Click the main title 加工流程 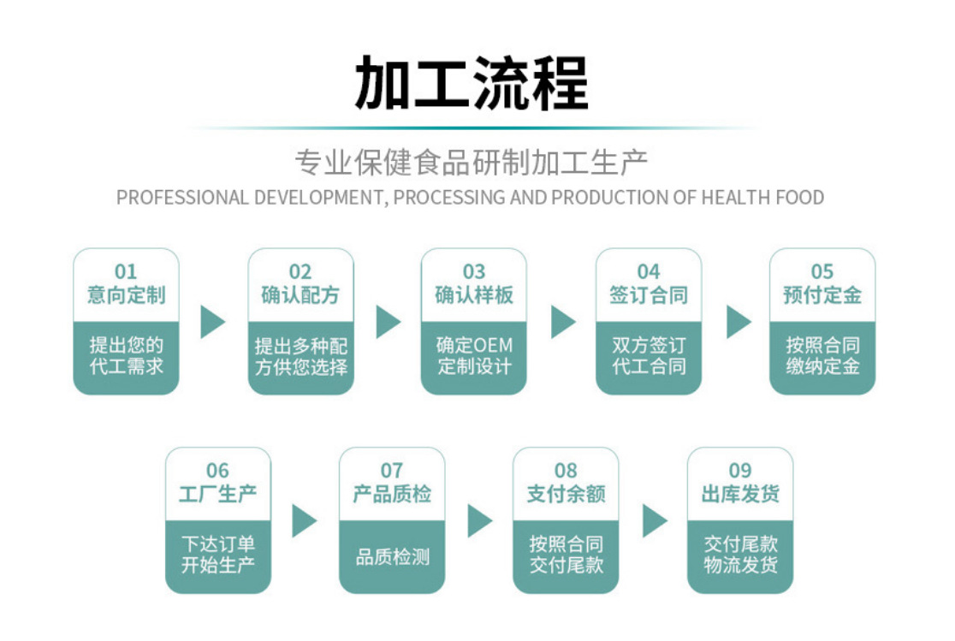472,83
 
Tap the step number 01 126,272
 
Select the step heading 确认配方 300,295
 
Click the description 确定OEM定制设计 474,356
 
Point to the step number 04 649,272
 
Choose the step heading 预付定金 822,295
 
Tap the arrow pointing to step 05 737,322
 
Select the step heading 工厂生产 217,494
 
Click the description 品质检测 392,557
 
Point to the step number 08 566,471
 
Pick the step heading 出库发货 740,494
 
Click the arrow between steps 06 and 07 304,520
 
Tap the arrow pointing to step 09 654,520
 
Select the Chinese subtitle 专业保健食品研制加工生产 471,162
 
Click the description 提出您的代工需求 126,356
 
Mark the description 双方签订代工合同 649,356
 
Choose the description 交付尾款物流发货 740,555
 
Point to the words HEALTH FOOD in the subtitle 762,198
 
